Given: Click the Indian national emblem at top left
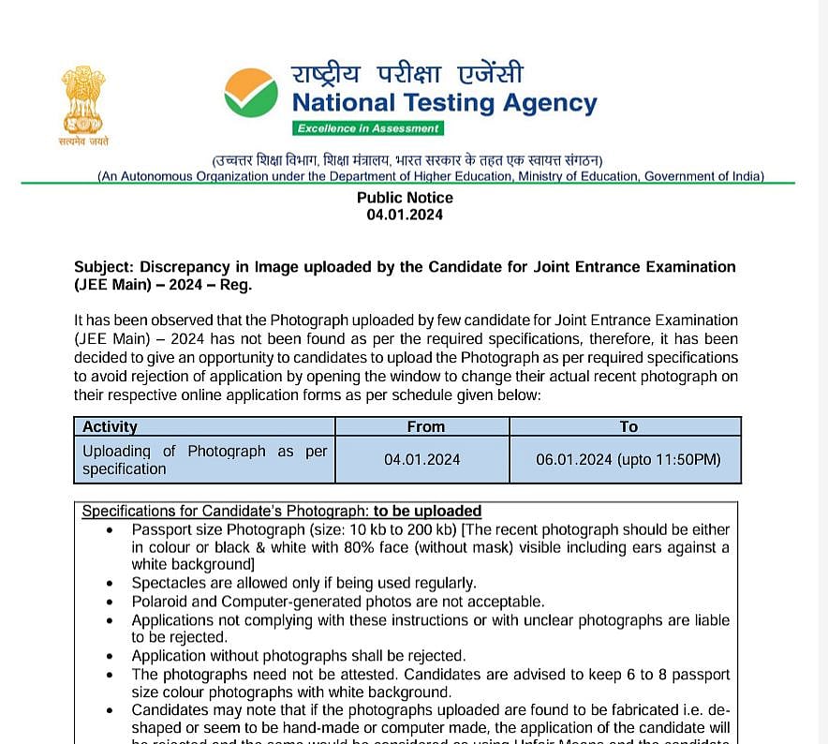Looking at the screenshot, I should coord(84,99).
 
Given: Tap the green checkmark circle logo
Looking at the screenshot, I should coord(251,93).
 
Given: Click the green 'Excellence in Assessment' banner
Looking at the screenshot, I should coord(366,128).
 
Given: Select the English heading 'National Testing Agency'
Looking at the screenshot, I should coord(444,102).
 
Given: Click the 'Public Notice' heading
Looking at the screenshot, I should coord(405,198).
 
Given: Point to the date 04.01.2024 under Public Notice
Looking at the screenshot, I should coord(405,215).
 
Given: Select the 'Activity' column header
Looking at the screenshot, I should coord(110,426).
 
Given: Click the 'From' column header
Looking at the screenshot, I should coord(425,426).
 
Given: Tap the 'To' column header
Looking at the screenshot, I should coord(628,426).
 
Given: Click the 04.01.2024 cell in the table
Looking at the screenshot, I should coord(421,460).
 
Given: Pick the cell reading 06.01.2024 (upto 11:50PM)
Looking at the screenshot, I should coord(628,460).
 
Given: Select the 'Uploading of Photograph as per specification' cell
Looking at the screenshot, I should coord(204,460).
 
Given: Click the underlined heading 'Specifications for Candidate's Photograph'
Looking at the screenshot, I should coord(225,512).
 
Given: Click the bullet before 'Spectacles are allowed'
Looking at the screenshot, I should coord(111,584).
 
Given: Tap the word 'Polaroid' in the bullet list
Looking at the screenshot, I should coord(160,602).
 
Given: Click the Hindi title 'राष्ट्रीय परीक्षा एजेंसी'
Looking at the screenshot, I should coord(407,73).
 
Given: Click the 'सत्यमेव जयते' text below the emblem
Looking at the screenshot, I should coord(84,141).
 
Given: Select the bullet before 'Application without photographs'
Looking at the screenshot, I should coord(111,656).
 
